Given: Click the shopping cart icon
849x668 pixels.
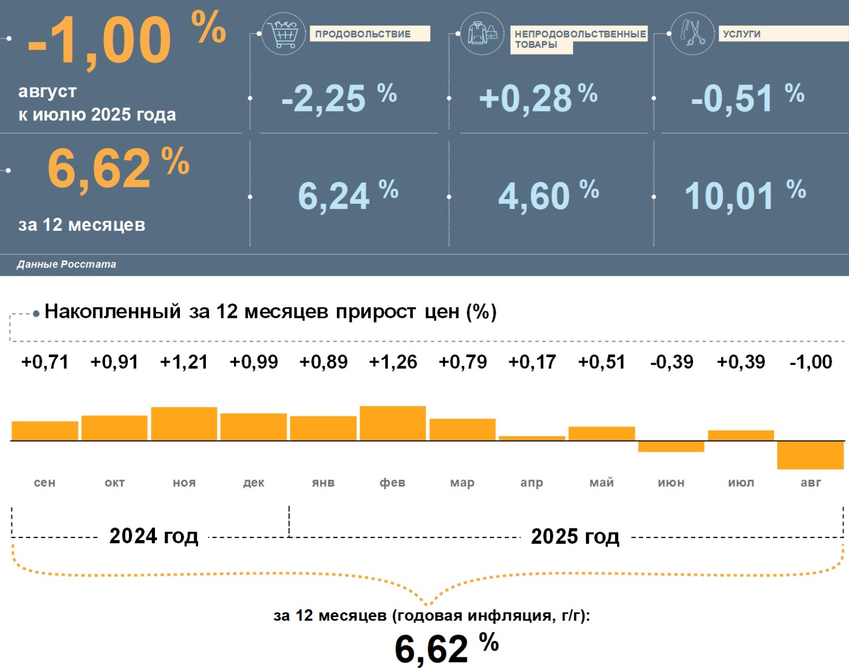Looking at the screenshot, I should (x=284, y=34).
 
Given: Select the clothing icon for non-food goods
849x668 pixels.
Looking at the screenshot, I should (x=482, y=33).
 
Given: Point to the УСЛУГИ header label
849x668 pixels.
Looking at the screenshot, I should (x=741, y=34).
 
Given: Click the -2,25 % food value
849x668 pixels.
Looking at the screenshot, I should (x=339, y=98).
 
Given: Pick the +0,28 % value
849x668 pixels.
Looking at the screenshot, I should (x=538, y=98).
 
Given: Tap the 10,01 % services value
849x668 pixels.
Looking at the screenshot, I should (x=744, y=196).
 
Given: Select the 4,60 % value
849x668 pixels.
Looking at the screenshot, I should (x=548, y=196).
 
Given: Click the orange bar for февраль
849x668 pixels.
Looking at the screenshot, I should (x=393, y=423).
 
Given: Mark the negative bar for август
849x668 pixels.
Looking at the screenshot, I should (x=810, y=455).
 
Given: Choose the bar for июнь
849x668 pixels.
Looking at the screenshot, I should (x=671, y=447).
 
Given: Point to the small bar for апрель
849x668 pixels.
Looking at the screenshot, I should (x=532, y=438).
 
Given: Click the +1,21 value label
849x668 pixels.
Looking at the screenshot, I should (x=184, y=362).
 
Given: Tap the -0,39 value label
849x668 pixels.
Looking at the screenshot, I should (x=671, y=362).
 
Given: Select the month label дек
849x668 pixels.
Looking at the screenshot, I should (x=254, y=482).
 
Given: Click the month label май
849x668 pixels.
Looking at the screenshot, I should (x=602, y=482).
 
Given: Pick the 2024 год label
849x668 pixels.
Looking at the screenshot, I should (x=154, y=536).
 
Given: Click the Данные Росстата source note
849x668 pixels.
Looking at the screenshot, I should (x=66, y=264).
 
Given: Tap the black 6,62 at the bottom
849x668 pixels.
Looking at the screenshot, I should (x=431, y=648).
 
